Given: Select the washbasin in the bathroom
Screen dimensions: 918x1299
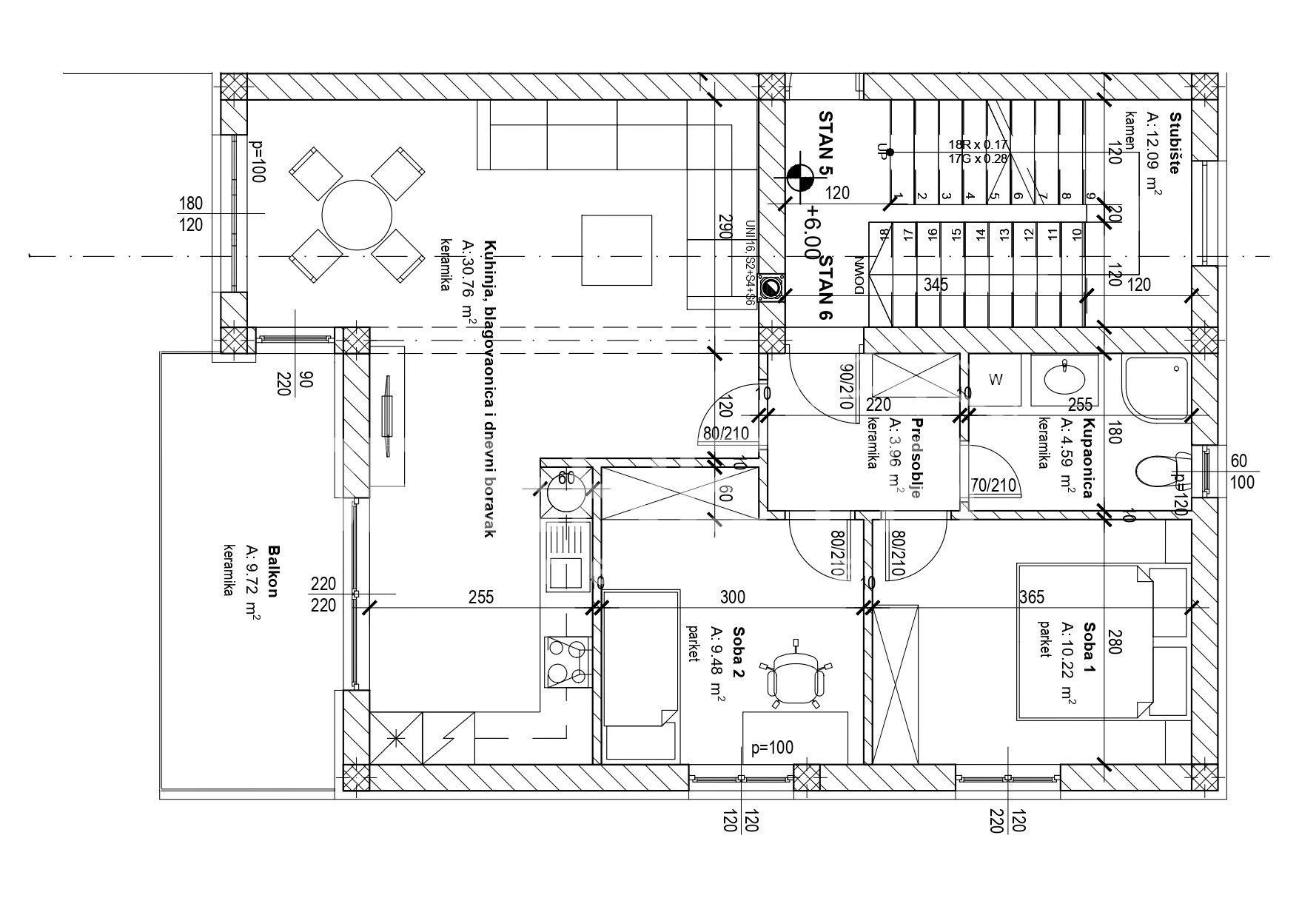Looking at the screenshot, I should point(1064,380).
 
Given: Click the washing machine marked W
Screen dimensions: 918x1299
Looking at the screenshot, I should point(996,380).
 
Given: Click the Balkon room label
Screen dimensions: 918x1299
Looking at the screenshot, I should point(273,572).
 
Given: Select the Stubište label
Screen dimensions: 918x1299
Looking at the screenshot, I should point(1174,142).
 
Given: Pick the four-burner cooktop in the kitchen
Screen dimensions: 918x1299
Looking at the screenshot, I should point(568,661).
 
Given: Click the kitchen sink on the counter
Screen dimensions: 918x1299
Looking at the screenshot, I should point(568,555).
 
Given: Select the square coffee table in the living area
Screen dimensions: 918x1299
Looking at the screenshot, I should point(617,249).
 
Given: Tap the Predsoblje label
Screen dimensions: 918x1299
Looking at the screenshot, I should point(916,458).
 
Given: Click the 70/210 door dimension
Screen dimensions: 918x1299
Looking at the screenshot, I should point(993,486).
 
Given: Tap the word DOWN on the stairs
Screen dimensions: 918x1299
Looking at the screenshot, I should point(859,275).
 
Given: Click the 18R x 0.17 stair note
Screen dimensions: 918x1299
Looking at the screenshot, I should point(979,144).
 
